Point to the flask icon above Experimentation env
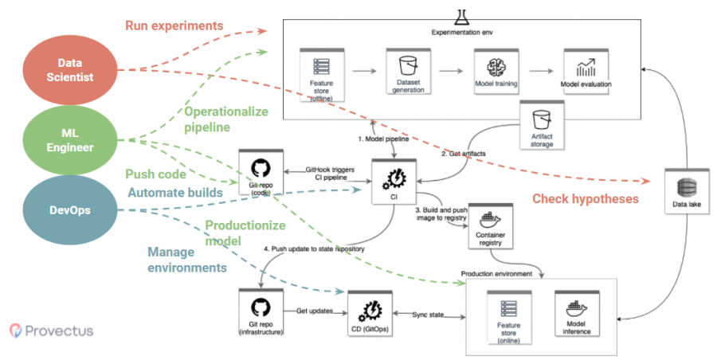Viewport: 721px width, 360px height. pyautogui.click(x=461, y=15)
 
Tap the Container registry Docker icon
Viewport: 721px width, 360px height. pyautogui.click(x=489, y=218)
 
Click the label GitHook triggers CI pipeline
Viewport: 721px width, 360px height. pyautogui.click(x=329, y=174)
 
